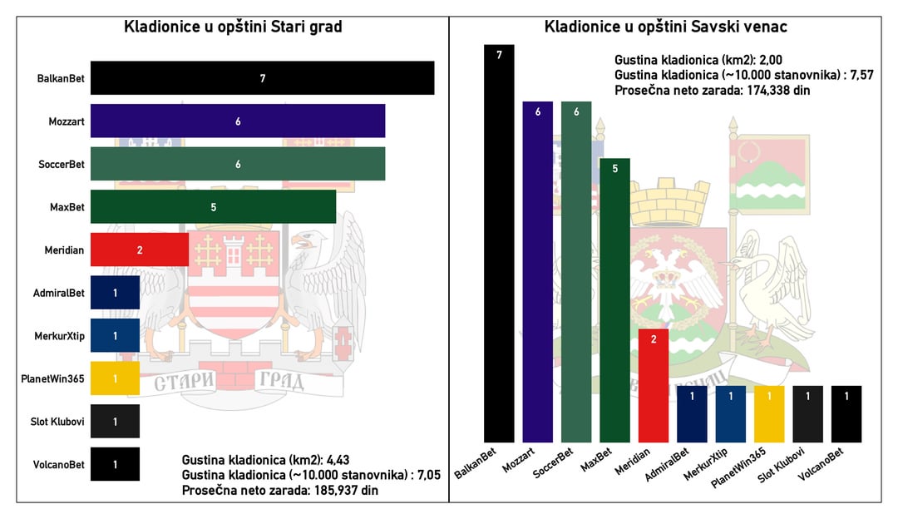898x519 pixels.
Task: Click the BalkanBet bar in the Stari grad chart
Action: [x=262, y=78]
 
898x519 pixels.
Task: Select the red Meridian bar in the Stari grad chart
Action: [x=140, y=250]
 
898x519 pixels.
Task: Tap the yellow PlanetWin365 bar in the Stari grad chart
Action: [x=115, y=378]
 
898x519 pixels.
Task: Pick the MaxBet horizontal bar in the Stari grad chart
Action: [x=213, y=206]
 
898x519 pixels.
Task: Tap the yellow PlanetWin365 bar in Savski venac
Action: [x=769, y=413]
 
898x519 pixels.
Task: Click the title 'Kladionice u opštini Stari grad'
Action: [x=233, y=27]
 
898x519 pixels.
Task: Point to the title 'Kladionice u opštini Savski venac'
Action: [x=666, y=27]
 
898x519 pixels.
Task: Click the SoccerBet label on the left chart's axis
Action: [x=62, y=165]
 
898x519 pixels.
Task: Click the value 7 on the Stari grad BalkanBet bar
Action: [x=262, y=78]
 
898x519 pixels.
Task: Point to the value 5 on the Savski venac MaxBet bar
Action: [x=614, y=169]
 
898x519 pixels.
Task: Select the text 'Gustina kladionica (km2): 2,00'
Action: [x=698, y=60]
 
